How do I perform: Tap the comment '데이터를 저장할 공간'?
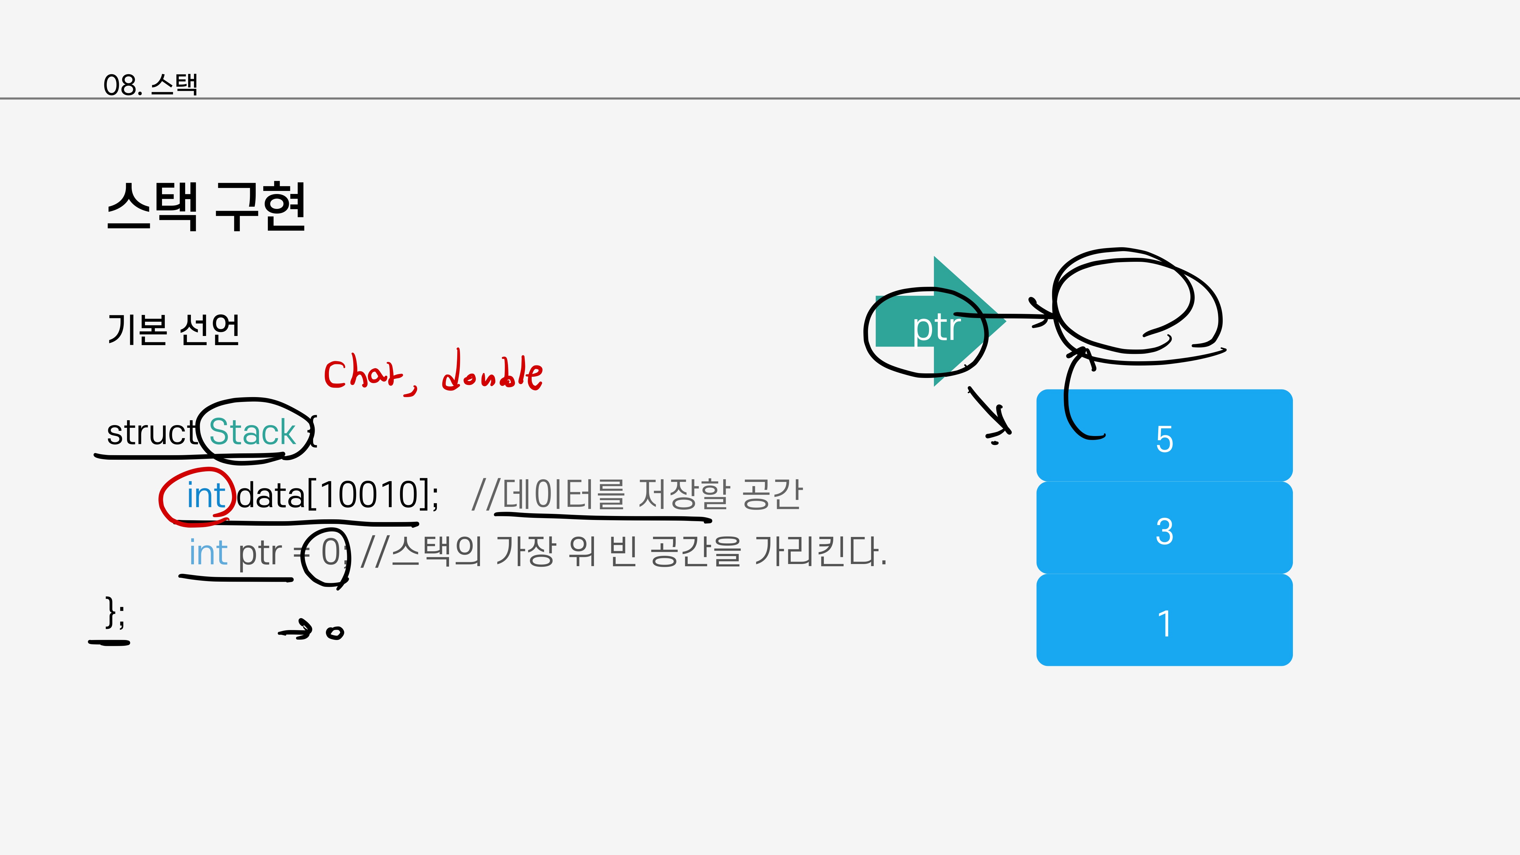(x=652, y=494)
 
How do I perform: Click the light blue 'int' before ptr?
(x=208, y=553)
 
